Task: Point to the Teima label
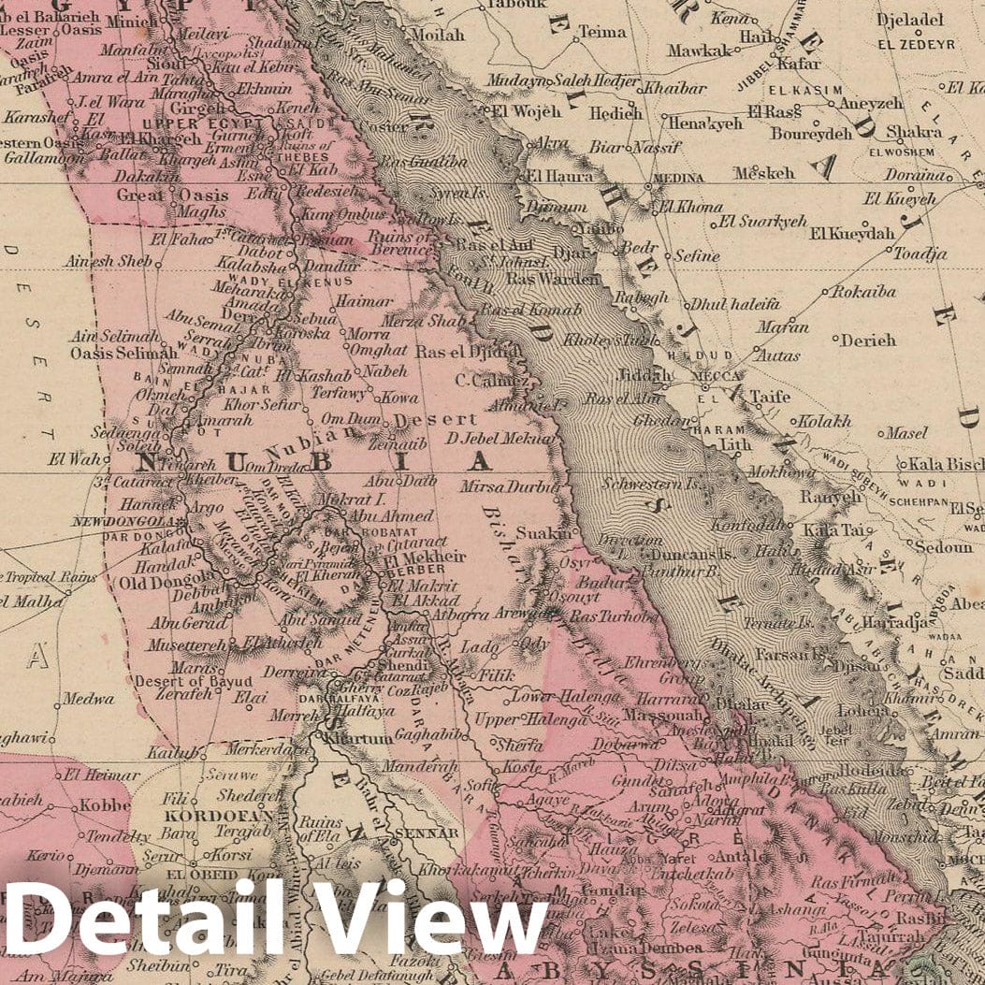coord(601,32)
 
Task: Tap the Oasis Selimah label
coord(123,353)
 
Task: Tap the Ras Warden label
coord(552,279)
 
